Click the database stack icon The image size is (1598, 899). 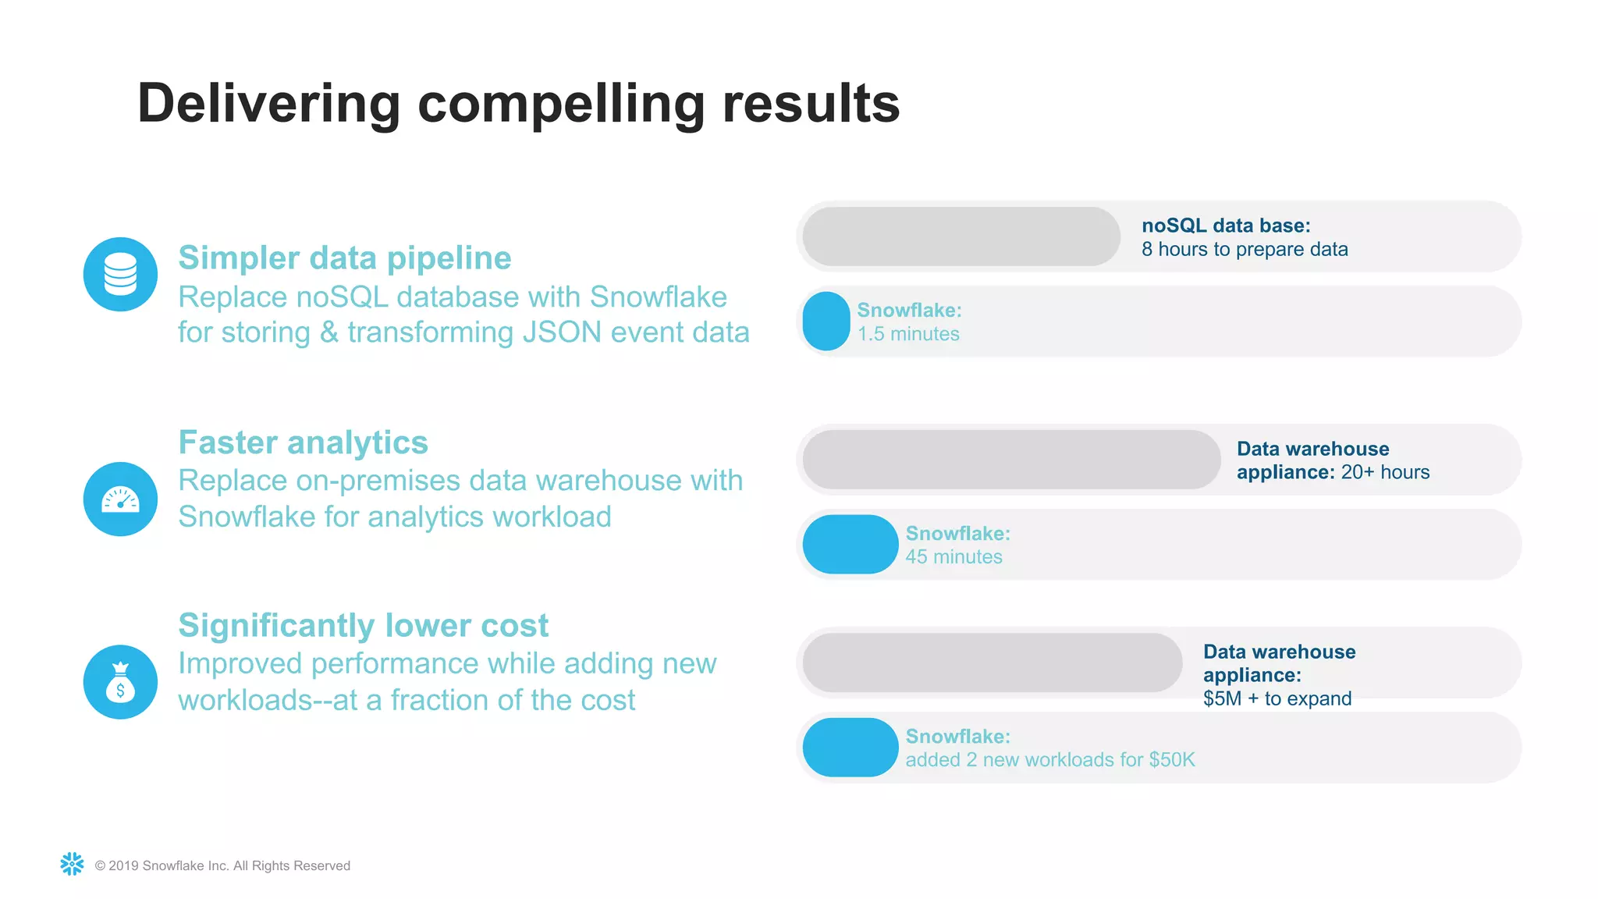(120, 274)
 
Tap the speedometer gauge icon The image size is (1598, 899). (120, 499)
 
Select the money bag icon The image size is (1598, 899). (120, 682)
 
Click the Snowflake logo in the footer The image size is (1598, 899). (72, 864)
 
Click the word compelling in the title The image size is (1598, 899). (561, 104)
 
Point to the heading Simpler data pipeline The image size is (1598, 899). (344, 258)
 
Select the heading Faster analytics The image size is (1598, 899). (303, 442)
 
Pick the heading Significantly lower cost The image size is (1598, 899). (363, 625)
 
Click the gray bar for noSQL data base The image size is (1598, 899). (961, 236)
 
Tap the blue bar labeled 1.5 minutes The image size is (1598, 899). (826, 321)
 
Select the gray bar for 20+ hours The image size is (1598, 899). (1010, 460)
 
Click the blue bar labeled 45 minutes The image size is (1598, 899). (850, 544)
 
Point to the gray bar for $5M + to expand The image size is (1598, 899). (992, 663)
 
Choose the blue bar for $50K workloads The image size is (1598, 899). (850, 747)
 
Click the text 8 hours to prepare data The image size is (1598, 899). (1245, 250)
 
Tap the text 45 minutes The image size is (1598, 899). (953, 557)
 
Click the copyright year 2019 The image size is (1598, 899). (123, 865)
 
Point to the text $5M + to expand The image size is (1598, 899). (1277, 698)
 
